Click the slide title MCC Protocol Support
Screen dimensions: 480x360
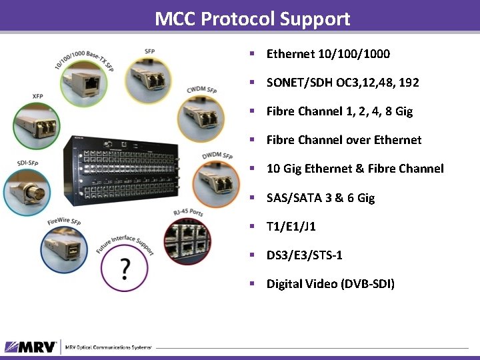pos(252,19)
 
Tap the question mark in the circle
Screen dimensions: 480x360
pos(125,269)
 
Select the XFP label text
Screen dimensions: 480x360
pos(37,97)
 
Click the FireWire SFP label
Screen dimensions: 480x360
pos(64,221)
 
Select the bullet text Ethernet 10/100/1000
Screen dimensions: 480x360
pos(328,54)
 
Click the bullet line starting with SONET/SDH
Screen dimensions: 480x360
pos(343,83)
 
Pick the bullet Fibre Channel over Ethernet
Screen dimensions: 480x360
pos(344,140)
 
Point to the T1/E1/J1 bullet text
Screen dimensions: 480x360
pos(291,227)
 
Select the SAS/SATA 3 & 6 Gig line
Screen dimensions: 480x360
pos(321,198)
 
